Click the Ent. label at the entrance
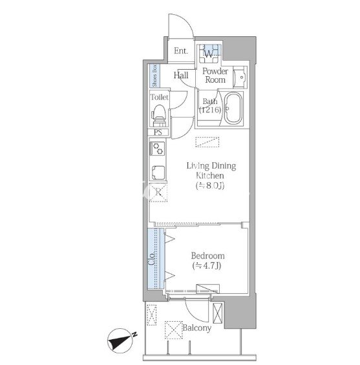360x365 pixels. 181,51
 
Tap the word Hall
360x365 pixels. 181,75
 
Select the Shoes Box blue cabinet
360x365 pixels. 154,76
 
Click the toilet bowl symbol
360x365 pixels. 159,115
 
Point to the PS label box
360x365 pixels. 158,132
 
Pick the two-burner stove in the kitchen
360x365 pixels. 158,149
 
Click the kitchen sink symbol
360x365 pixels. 158,172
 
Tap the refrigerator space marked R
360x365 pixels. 158,193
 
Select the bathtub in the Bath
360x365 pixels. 233,109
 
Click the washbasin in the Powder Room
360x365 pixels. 240,78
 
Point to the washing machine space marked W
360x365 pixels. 209,54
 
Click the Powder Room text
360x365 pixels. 215,76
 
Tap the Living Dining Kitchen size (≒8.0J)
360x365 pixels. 210,185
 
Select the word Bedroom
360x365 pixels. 207,256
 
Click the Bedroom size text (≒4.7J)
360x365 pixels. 207,266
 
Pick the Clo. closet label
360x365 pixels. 152,258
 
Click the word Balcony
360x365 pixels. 196,328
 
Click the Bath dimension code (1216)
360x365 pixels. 210,109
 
